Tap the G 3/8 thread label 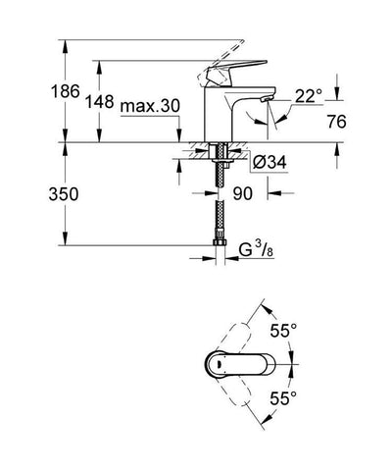(x=258, y=261)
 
